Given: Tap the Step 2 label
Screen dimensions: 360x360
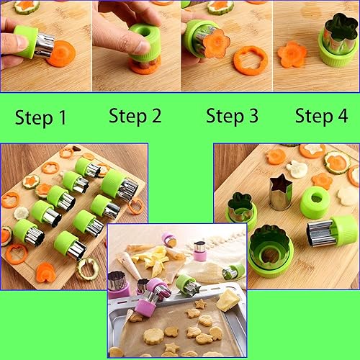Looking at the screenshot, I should (135, 115).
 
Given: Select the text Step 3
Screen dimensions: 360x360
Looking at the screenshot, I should (231, 116).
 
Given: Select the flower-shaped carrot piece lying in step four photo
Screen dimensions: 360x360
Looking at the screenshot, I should (292, 55).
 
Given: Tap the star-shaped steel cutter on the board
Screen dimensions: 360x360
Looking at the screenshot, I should (280, 192).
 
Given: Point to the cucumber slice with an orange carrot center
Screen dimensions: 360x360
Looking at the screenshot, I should (336, 162).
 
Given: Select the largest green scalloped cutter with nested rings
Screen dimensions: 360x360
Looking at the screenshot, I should (270, 249).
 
